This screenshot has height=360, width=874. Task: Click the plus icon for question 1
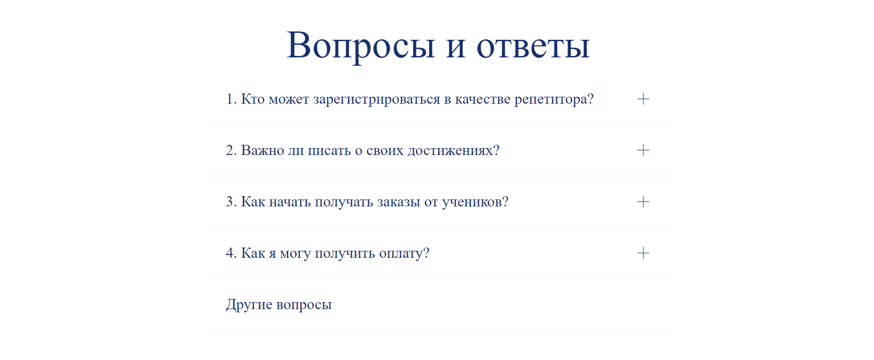coord(643,99)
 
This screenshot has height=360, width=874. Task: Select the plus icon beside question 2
coord(643,150)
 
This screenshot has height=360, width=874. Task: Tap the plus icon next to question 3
coord(643,202)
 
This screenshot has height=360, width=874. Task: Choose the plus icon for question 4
coord(643,253)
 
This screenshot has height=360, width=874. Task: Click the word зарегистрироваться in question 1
coord(377,100)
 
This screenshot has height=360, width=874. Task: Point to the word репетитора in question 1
coord(551,100)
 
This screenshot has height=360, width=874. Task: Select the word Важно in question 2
coord(262,150)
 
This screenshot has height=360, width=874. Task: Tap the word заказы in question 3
coord(398,202)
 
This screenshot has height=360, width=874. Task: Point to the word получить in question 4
coord(345,254)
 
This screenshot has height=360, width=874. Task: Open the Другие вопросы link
coord(279,305)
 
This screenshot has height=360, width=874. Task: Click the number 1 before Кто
coord(230,99)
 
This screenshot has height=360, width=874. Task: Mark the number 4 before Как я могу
coord(230,253)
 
